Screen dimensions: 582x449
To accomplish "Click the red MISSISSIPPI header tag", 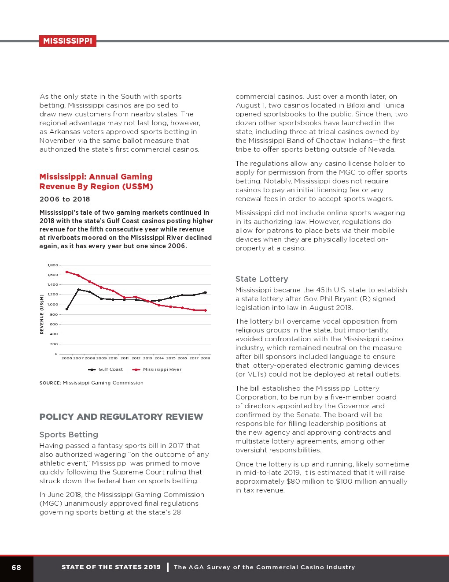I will point(67,41).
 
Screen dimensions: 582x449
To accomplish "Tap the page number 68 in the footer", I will point(16,567).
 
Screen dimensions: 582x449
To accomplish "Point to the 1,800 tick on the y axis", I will point(53,265).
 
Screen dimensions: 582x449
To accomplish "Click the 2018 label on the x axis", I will point(205,358).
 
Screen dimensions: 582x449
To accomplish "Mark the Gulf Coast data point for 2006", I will point(67,309).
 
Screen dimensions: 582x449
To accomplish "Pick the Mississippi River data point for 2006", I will point(67,272).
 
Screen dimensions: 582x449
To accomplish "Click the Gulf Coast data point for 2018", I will point(205,293).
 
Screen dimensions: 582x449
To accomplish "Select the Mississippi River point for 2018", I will point(205,310).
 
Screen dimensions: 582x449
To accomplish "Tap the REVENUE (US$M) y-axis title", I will point(42,314).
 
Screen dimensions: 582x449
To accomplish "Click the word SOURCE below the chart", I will point(50,383).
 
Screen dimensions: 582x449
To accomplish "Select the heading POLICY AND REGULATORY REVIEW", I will point(121,417).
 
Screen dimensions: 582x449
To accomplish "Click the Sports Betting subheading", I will point(69,435).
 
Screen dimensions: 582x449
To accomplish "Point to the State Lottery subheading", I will point(261,279).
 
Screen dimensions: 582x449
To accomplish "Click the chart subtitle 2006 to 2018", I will point(65,199).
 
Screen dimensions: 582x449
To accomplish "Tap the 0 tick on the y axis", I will point(56,354).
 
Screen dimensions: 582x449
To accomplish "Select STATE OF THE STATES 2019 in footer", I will point(111,567).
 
